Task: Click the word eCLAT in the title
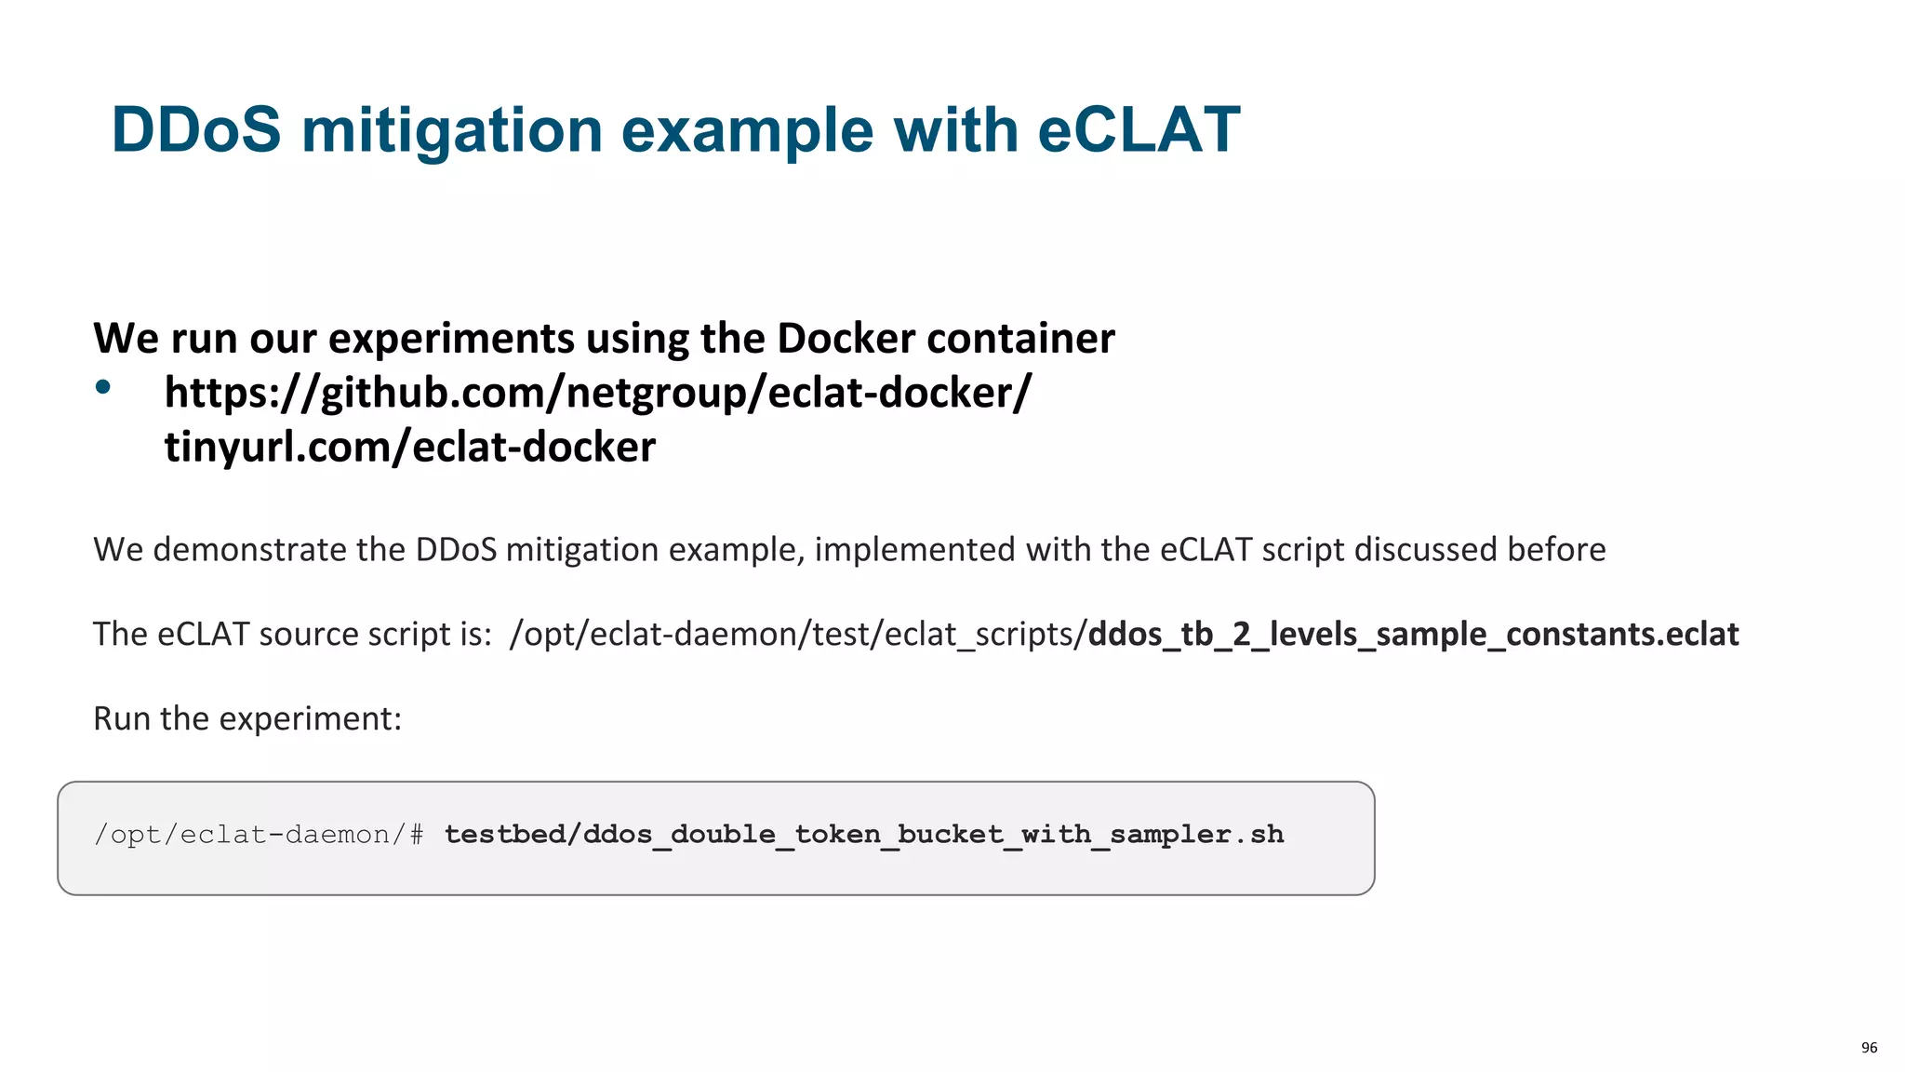click(1138, 129)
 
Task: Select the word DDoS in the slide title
click(195, 129)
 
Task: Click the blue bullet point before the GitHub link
click(103, 387)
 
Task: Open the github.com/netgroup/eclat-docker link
click(597, 393)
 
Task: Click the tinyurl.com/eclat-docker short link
click(409, 448)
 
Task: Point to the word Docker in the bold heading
click(846, 338)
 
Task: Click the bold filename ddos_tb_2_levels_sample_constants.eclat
click(1412, 635)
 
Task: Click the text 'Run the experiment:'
click(247, 718)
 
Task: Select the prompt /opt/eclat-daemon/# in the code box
click(259, 835)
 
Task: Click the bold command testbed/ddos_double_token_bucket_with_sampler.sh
click(863, 835)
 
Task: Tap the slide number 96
click(1869, 1048)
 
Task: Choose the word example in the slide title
click(747, 131)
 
